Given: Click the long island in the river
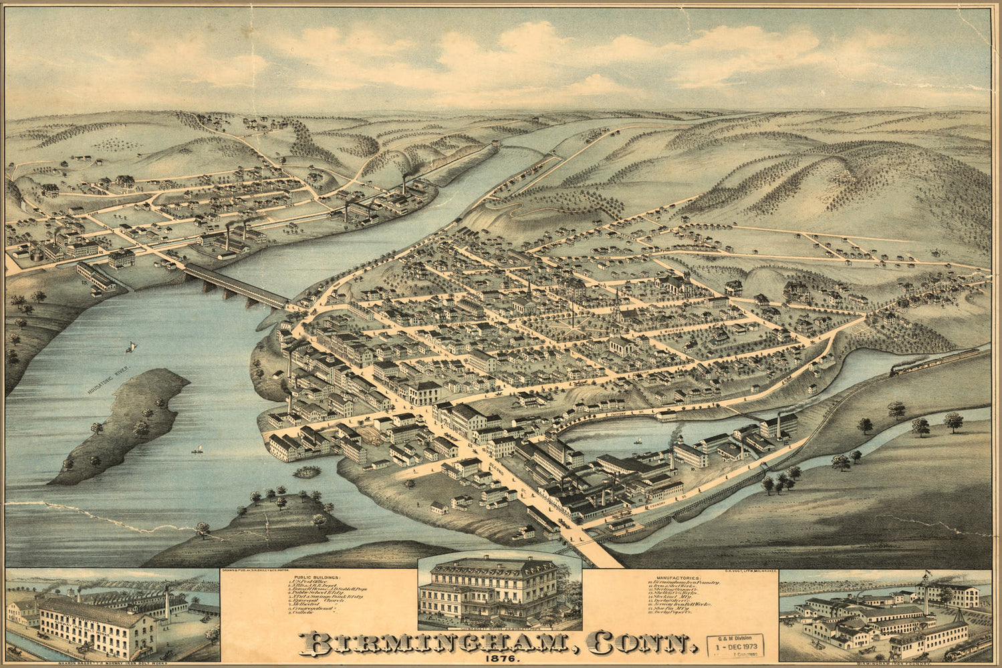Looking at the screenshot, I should pyautogui.click(x=120, y=424).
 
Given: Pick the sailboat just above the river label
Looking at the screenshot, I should pyautogui.click(x=130, y=347).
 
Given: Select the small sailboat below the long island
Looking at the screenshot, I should pyautogui.click(x=197, y=450).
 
